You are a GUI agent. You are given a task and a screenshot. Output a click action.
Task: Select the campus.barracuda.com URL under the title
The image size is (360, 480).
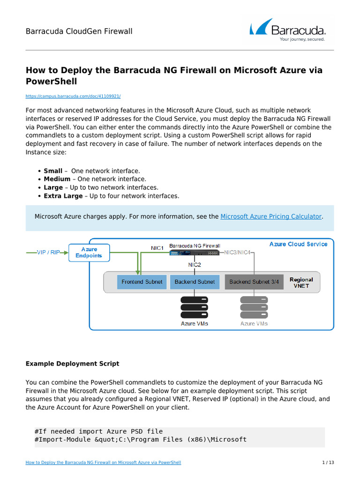(x=73, y=96)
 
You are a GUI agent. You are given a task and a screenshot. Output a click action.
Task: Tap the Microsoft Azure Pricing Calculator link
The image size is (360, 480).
(x=271, y=217)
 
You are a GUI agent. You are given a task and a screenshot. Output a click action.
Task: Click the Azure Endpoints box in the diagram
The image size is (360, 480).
(x=89, y=253)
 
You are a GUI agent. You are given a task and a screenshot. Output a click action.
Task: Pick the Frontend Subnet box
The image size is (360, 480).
(x=142, y=282)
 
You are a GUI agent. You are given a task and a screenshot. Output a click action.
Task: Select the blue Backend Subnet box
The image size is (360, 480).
(x=195, y=282)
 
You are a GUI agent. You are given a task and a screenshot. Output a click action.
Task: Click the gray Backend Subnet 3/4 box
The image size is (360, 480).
(x=254, y=282)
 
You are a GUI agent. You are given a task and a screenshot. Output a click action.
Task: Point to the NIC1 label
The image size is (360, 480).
(x=157, y=247)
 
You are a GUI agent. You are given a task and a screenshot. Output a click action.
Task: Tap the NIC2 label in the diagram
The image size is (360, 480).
(x=195, y=265)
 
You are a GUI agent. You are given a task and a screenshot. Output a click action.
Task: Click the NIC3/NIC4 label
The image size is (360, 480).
(x=238, y=252)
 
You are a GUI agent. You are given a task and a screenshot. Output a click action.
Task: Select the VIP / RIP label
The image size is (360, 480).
(x=48, y=252)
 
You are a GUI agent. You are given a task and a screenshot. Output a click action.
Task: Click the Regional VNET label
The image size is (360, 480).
(x=301, y=282)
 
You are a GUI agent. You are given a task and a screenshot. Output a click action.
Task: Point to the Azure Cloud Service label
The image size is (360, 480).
(x=298, y=244)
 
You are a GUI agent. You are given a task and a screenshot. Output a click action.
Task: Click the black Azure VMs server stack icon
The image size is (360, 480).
(x=195, y=307)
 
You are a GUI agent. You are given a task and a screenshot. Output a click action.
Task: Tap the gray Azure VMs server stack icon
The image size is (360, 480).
(x=254, y=307)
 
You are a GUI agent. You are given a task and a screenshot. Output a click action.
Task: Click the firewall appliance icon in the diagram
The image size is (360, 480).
(x=195, y=253)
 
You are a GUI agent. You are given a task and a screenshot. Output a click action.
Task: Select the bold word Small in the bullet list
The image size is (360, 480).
(x=53, y=171)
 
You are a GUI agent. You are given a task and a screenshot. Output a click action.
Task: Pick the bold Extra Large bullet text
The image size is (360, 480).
(x=63, y=196)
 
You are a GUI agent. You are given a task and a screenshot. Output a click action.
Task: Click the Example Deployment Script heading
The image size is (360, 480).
(x=72, y=363)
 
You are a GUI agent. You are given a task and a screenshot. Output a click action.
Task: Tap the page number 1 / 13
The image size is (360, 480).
(x=328, y=463)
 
